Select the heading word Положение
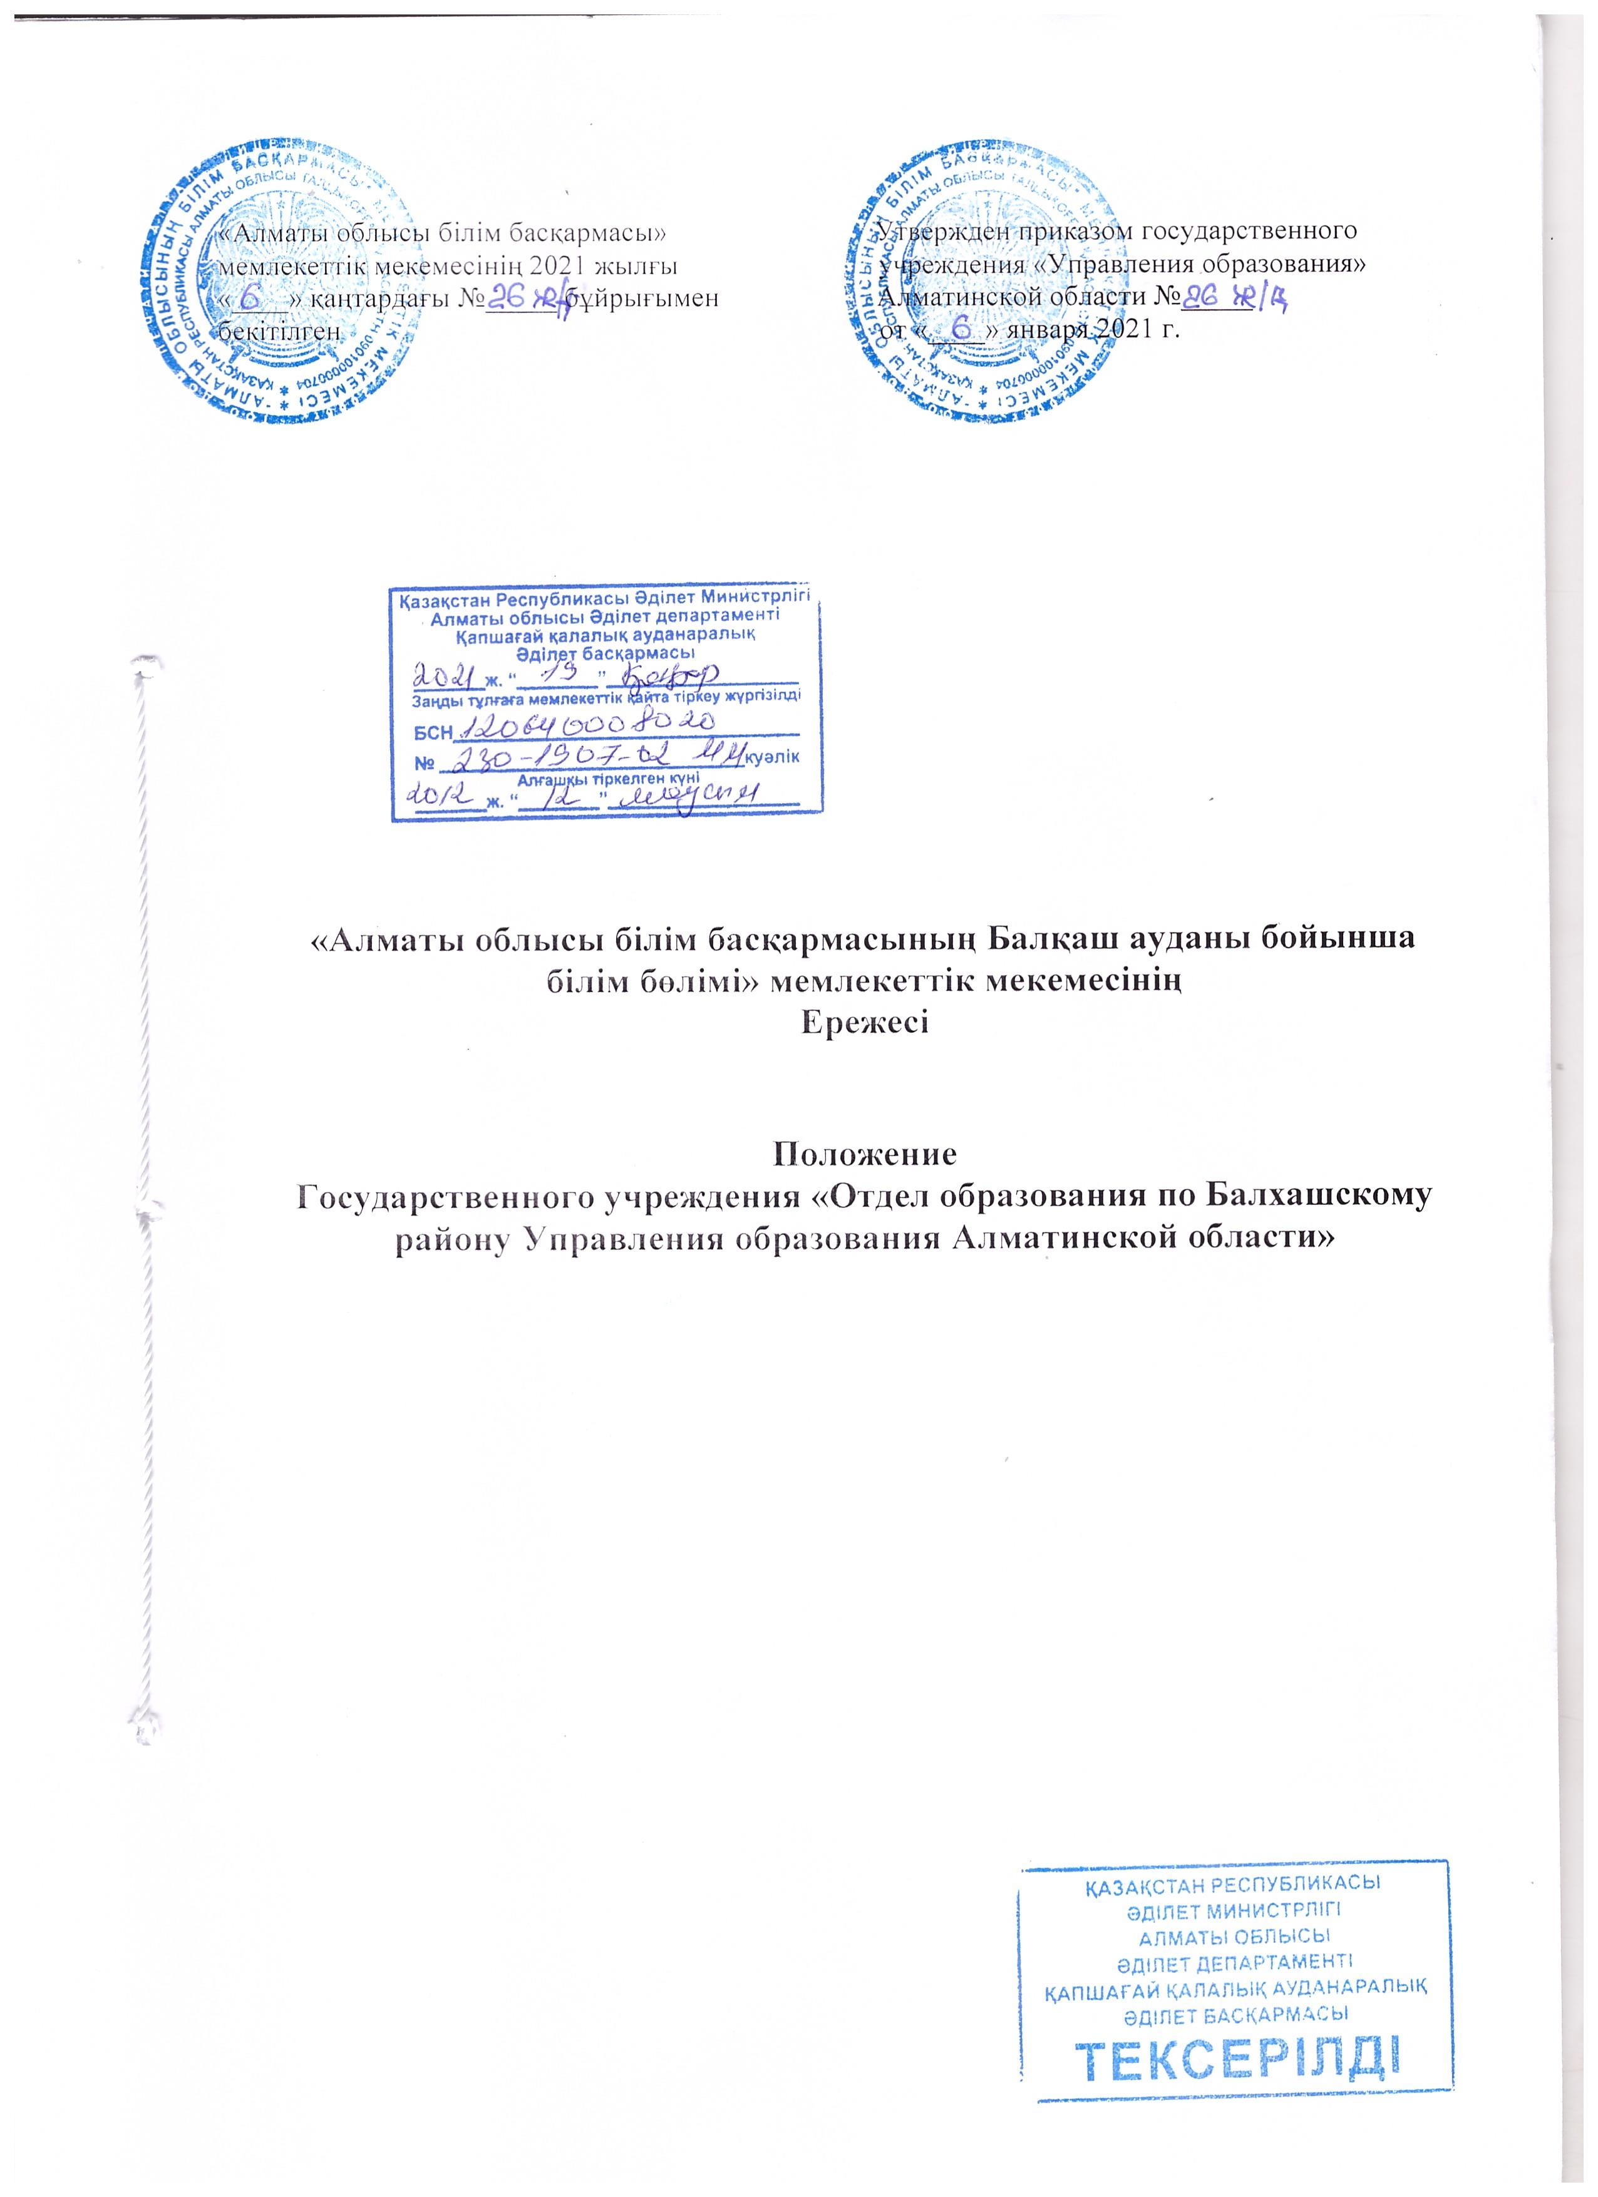864,1155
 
